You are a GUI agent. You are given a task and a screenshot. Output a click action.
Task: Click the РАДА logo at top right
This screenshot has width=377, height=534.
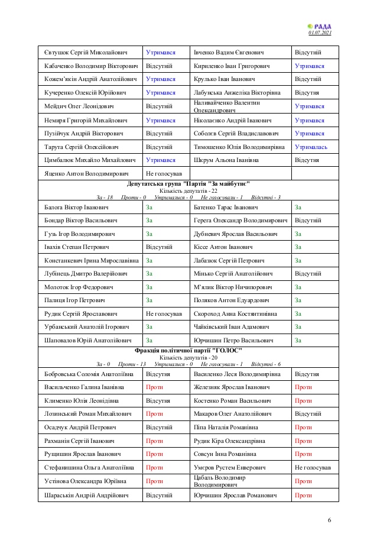(320, 26)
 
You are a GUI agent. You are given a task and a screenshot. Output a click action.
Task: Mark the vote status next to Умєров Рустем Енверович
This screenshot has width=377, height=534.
(312, 467)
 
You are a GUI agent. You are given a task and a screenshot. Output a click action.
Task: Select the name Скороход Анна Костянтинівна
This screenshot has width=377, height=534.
(235, 313)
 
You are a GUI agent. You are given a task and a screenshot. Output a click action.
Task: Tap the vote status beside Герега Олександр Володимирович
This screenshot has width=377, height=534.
(308, 221)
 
